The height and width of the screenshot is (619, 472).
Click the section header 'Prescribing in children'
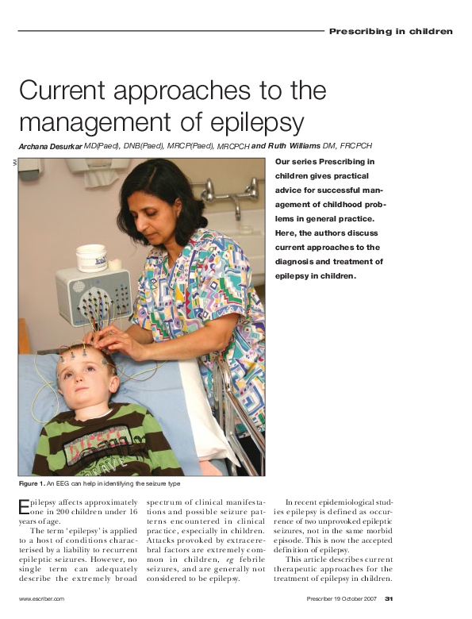coord(390,32)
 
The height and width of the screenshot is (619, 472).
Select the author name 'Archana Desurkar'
coord(51,146)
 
